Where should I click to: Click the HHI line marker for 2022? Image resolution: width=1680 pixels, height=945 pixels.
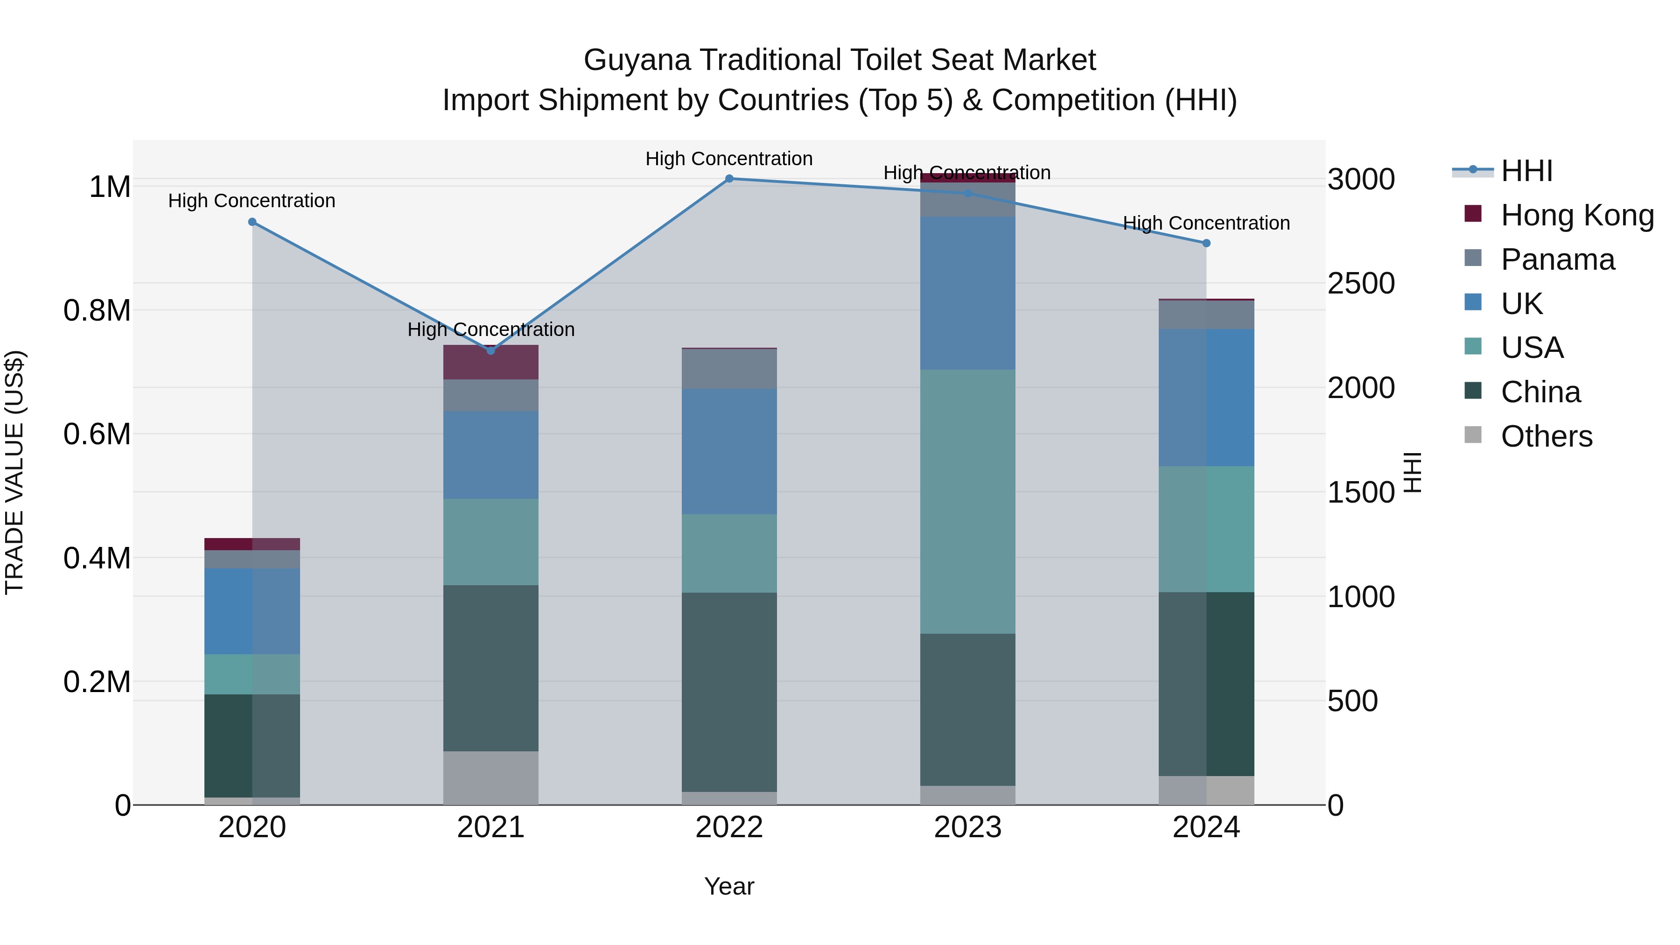pos(729,179)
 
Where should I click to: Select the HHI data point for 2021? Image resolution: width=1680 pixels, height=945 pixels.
pos(491,351)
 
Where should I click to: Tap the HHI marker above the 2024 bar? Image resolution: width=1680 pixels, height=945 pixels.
pos(1206,243)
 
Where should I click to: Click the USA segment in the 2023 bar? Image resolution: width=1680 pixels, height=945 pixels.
pos(967,502)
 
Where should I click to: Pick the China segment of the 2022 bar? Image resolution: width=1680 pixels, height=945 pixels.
pos(729,692)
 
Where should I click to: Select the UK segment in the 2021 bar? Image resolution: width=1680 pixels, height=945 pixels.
pos(491,455)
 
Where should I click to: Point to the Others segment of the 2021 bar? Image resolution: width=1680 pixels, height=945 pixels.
pos(491,778)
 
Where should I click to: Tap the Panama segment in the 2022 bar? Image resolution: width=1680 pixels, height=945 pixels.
pos(729,369)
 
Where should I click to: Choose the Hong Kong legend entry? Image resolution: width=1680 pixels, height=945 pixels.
pos(1577,215)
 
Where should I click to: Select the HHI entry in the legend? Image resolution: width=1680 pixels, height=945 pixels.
pos(1526,171)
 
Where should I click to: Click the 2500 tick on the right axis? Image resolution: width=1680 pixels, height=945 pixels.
pos(1361,284)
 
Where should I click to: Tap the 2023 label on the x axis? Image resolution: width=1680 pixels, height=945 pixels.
pos(967,827)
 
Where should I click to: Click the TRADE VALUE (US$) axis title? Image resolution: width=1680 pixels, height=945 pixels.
pos(14,472)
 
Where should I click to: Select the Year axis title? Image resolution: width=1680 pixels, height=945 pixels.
pos(729,886)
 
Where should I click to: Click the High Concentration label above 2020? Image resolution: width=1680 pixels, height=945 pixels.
pos(252,201)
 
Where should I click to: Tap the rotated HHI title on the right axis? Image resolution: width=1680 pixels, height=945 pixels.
pos(1412,472)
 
